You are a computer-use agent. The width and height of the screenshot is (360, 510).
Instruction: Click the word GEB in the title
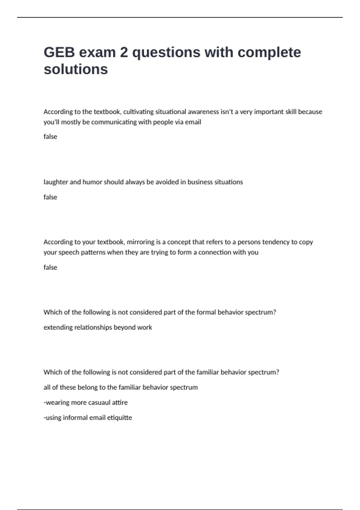[x=59, y=52]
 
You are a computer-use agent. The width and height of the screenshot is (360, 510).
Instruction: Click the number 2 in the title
[x=124, y=52]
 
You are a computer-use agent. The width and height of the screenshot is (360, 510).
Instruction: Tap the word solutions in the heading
[x=76, y=69]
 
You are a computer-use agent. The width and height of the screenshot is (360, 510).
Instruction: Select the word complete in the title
[x=269, y=52]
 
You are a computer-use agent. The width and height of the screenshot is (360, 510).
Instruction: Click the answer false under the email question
[x=50, y=136]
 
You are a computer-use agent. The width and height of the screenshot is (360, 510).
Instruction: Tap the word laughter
[x=56, y=182]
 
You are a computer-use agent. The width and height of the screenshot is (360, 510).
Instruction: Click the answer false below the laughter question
[x=50, y=197]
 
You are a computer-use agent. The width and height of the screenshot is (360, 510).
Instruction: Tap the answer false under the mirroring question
[x=50, y=267]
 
